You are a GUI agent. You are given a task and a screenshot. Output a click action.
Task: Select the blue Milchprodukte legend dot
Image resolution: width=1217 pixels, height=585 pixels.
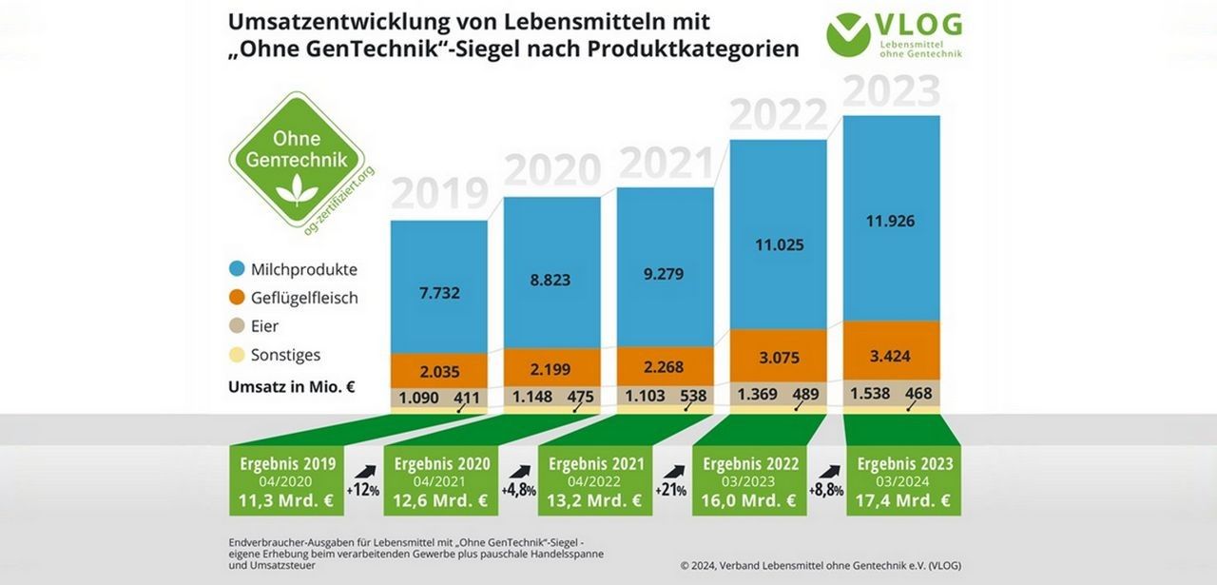238,269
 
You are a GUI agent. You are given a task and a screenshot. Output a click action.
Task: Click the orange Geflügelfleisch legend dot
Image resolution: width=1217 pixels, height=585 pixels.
238,298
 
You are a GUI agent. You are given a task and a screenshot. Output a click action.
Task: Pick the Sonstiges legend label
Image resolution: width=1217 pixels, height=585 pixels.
286,355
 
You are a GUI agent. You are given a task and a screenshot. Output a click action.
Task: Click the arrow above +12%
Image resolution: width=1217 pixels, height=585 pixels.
363,471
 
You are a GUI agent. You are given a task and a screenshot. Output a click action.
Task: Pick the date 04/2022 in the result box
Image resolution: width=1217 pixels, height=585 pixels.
595,482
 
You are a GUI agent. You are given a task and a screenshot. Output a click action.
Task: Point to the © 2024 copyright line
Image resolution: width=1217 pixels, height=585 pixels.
821,565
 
